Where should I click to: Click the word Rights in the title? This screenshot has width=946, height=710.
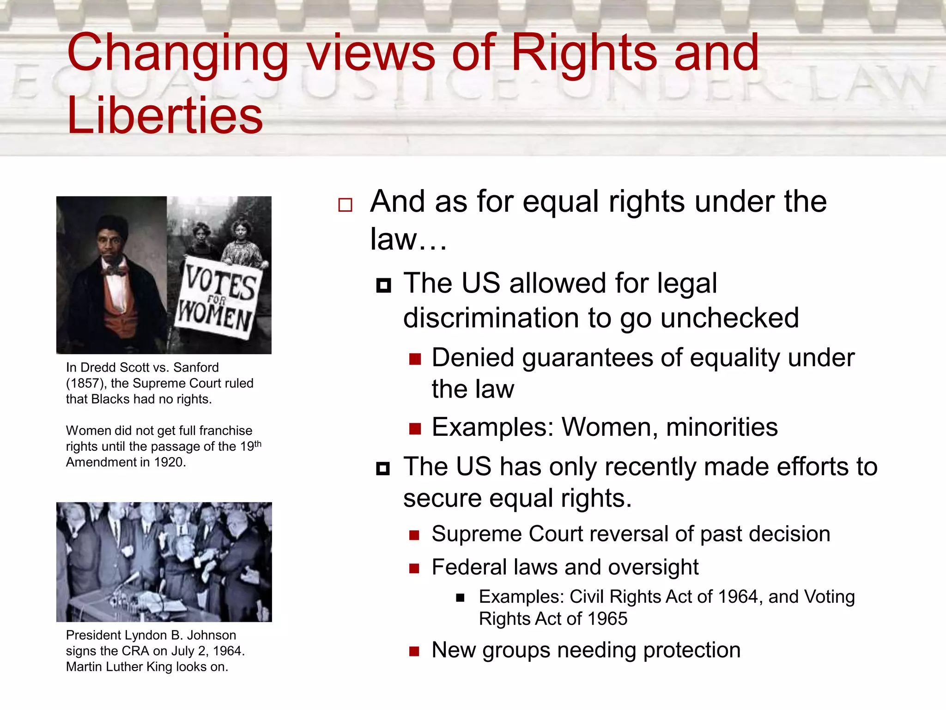coord(584,53)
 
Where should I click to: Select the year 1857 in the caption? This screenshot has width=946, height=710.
coord(85,384)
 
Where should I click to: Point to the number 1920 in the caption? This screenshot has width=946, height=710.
coord(169,462)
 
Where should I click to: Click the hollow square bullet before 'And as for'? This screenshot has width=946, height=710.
coord(345,205)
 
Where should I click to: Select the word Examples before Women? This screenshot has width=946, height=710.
coord(492,427)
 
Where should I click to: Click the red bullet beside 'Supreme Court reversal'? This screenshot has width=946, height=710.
coord(414,536)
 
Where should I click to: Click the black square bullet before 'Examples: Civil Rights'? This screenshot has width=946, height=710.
coord(460,598)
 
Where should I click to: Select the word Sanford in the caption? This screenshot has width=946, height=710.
coord(196,367)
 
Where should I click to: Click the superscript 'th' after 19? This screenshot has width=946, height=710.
coord(258,444)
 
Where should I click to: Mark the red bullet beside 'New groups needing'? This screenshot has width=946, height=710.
coord(414,652)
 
